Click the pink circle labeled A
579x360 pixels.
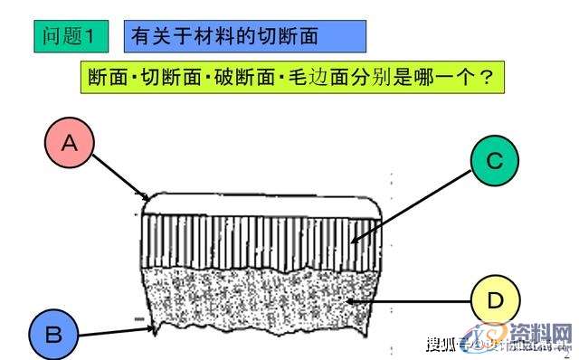68,142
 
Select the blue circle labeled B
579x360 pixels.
53,334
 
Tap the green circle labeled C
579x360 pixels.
494,161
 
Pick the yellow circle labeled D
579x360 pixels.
496,300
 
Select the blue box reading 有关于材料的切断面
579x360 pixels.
244,36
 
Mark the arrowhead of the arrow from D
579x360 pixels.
347,299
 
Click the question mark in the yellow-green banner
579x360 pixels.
486,77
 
